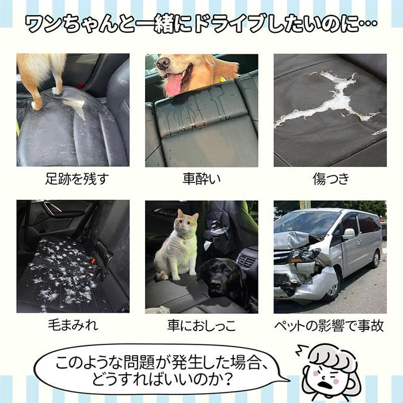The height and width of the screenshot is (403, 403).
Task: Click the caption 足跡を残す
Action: point(72,179)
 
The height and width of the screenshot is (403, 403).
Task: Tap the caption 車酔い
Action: point(201,179)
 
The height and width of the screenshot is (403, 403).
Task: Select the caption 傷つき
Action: point(330,179)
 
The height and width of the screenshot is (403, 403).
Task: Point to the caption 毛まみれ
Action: point(72,326)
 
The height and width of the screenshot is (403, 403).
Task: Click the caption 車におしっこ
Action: point(201,326)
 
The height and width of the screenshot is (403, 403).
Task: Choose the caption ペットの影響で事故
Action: point(330,326)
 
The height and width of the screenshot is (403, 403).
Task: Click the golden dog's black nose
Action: point(163,63)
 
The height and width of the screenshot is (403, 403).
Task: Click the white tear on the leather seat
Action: point(328,101)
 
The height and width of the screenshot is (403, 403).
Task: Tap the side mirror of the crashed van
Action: point(349,234)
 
